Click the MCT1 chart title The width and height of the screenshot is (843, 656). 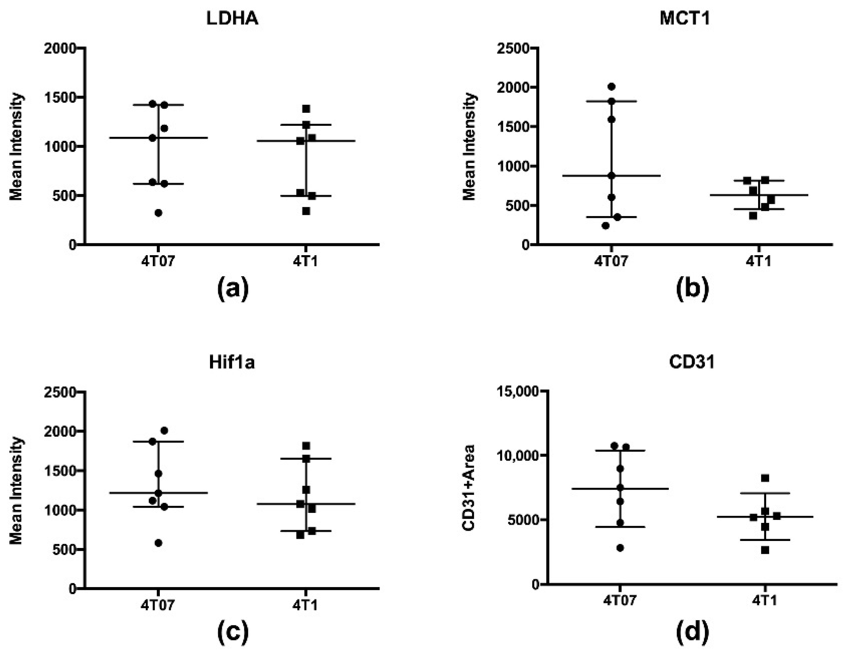pos(685,18)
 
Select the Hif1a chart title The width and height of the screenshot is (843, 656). pos(232,363)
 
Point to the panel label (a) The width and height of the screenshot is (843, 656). pos(233,291)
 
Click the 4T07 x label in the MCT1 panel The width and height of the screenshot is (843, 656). pos(612,261)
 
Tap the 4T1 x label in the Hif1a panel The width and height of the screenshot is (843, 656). pos(305,605)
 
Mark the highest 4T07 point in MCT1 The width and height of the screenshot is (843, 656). pos(612,86)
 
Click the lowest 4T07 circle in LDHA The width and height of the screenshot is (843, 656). pos(158,213)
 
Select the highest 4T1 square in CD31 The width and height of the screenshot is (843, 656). pos(765,478)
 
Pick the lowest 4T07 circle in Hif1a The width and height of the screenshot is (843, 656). pos(158,543)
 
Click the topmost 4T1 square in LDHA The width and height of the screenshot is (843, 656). pos(306,109)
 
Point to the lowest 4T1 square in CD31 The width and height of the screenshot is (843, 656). pos(765,550)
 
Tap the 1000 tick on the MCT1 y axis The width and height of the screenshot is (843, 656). pos(512,166)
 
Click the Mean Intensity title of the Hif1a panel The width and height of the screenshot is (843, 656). pos(16,490)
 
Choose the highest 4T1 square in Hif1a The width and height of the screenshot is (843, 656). pos(306,446)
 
